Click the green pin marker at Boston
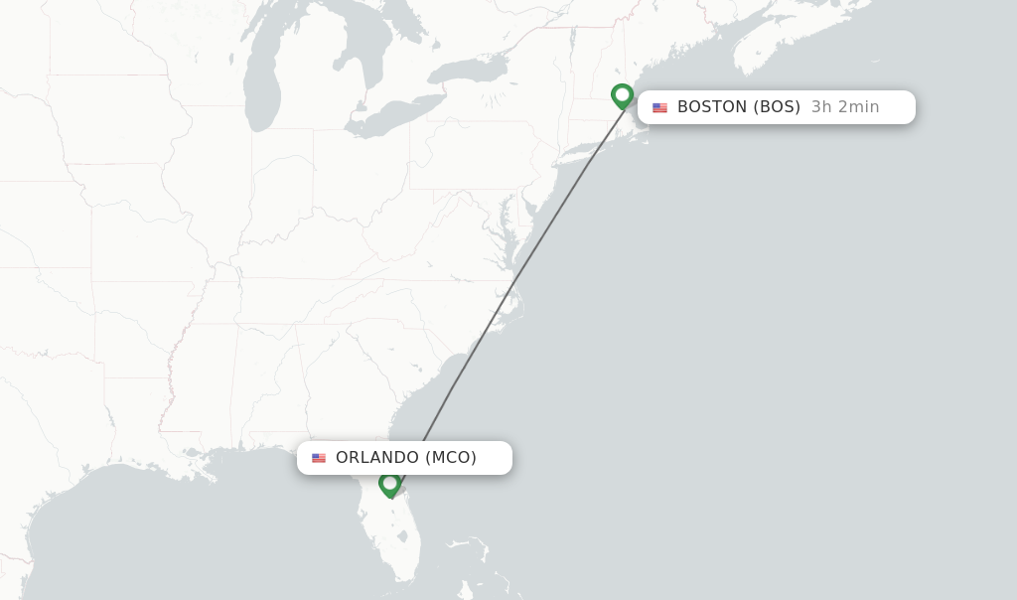pos(623,96)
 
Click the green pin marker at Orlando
pos(389,484)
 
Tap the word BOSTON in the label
pos(712,107)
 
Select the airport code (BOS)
pos(777,107)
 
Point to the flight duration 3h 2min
pos(845,107)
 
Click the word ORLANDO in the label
pos(377,458)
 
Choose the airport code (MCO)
pos(451,458)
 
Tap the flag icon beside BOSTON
pos(660,107)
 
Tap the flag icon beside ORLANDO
pos(319,458)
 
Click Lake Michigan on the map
pos(261,84)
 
